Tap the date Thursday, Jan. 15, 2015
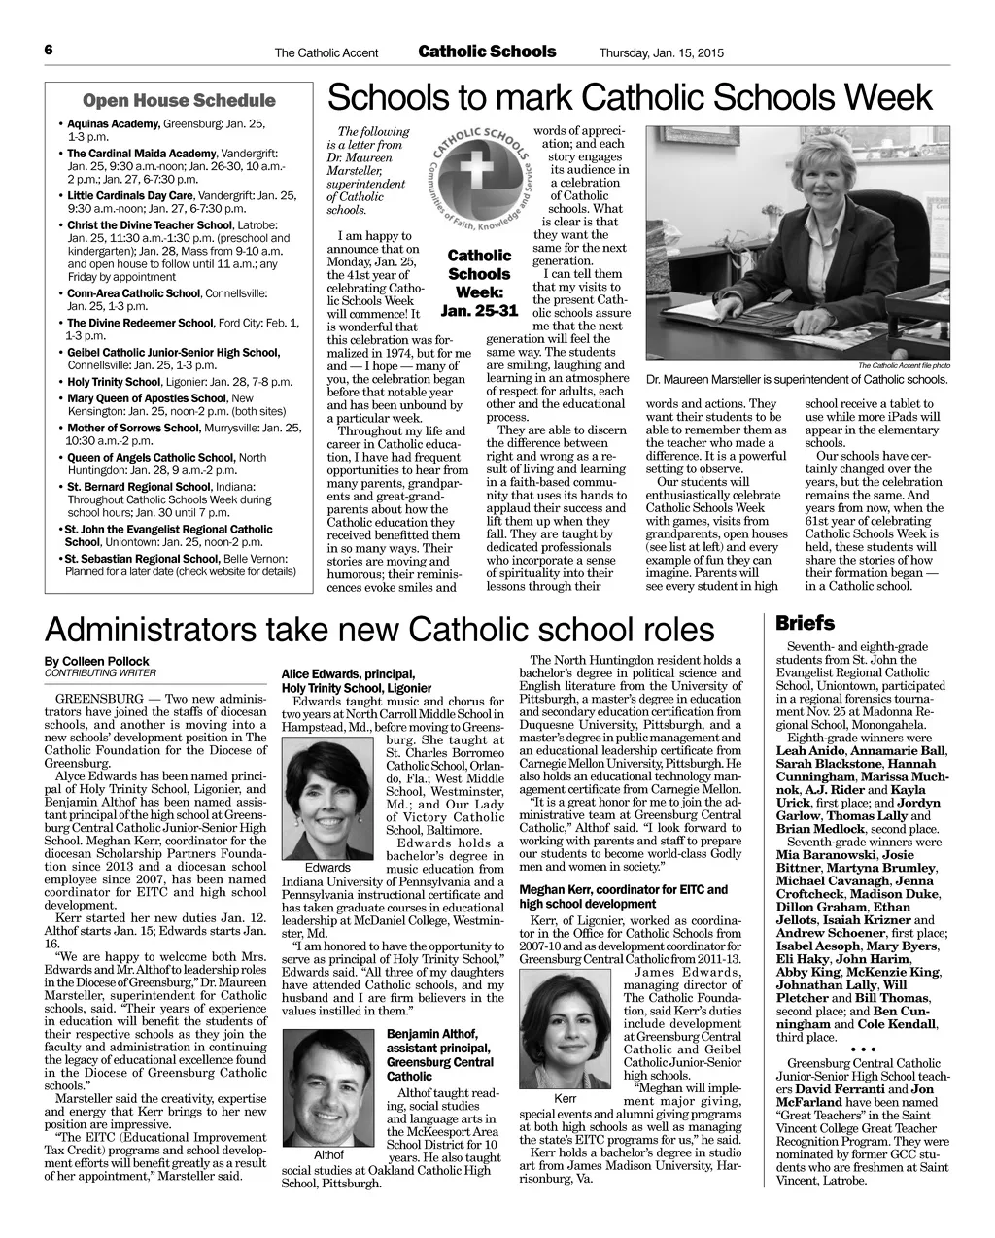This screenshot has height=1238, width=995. pyautogui.click(x=662, y=52)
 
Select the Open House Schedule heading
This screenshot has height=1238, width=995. pyautogui.click(x=180, y=101)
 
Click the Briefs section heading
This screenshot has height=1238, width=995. pyautogui.click(x=805, y=623)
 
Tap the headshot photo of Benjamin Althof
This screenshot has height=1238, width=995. pyautogui.click(x=327, y=1086)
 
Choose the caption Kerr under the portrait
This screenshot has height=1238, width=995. pyautogui.click(x=565, y=1098)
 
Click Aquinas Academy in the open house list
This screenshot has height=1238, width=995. pyautogui.click(x=113, y=125)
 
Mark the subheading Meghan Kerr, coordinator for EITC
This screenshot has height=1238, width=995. pyautogui.click(x=624, y=889)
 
